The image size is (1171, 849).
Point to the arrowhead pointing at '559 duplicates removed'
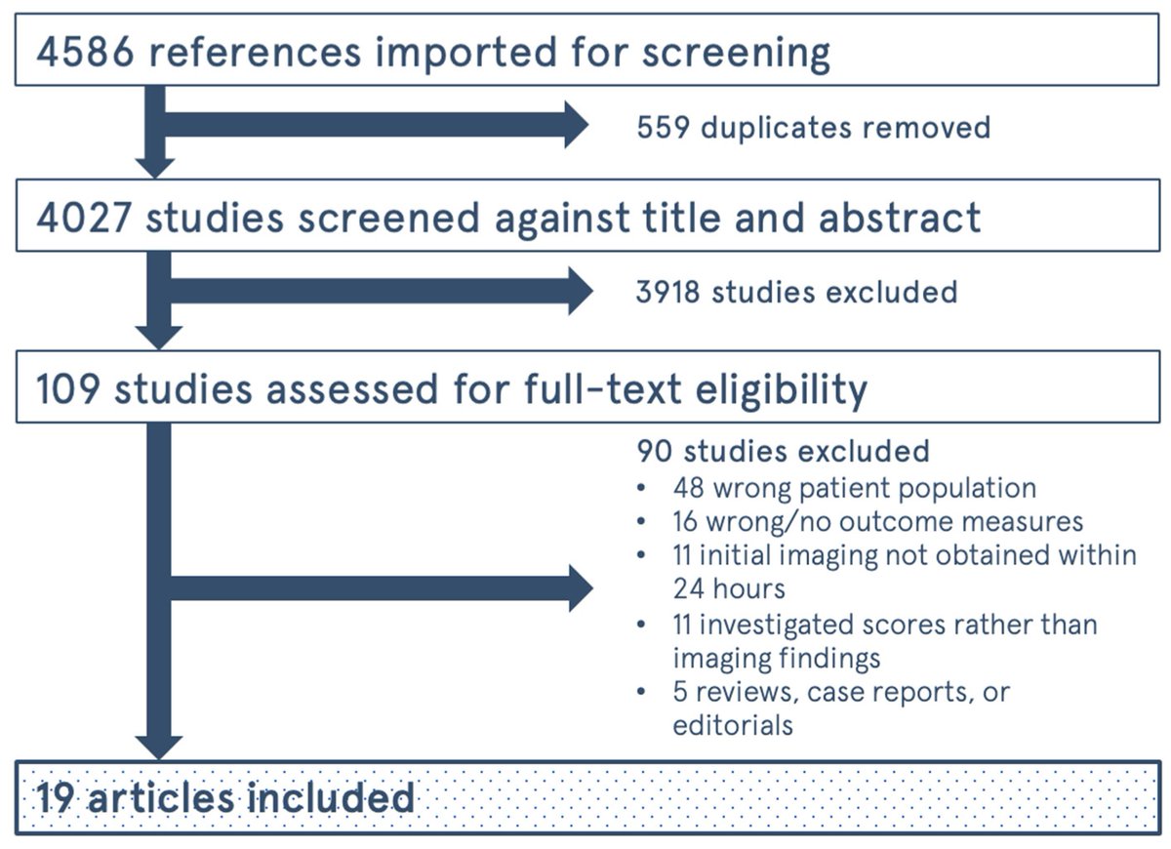click(x=576, y=126)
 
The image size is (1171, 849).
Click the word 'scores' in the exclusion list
click(x=894, y=624)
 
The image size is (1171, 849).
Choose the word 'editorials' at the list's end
click(x=732, y=725)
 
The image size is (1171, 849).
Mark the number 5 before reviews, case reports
click(x=681, y=692)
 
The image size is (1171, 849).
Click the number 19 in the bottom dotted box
click(x=57, y=797)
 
